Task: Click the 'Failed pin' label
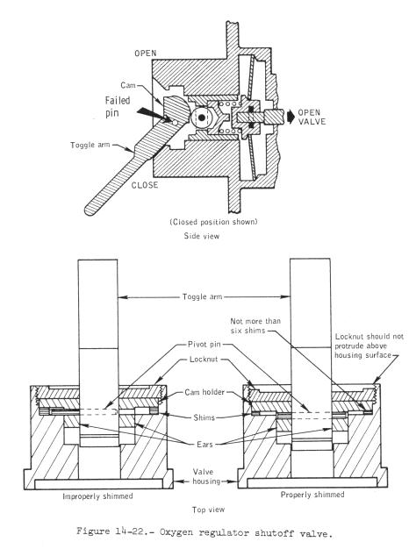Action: (118, 106)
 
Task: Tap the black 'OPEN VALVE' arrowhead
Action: (291, 117)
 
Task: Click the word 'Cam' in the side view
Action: (128, 85)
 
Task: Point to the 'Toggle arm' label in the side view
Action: (90, 145)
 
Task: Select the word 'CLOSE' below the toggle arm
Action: (145, 185)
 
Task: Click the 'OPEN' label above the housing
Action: (146, 53)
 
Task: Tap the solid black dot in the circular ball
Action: (201, 118)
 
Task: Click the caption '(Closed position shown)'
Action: (214, 222)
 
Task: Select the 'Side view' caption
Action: (202, 236)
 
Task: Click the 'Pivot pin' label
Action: (204, 344)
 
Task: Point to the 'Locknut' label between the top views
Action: (204, 360)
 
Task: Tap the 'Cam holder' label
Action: (204, 392)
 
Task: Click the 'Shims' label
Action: (204, 417)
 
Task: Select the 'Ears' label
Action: (204, 445)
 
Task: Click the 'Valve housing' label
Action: (206, 476)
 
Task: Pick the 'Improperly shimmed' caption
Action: (97, 496)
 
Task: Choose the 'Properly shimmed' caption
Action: (312, 495)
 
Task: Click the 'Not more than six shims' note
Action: (255, 325)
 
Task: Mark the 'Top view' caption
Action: (208, 510)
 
